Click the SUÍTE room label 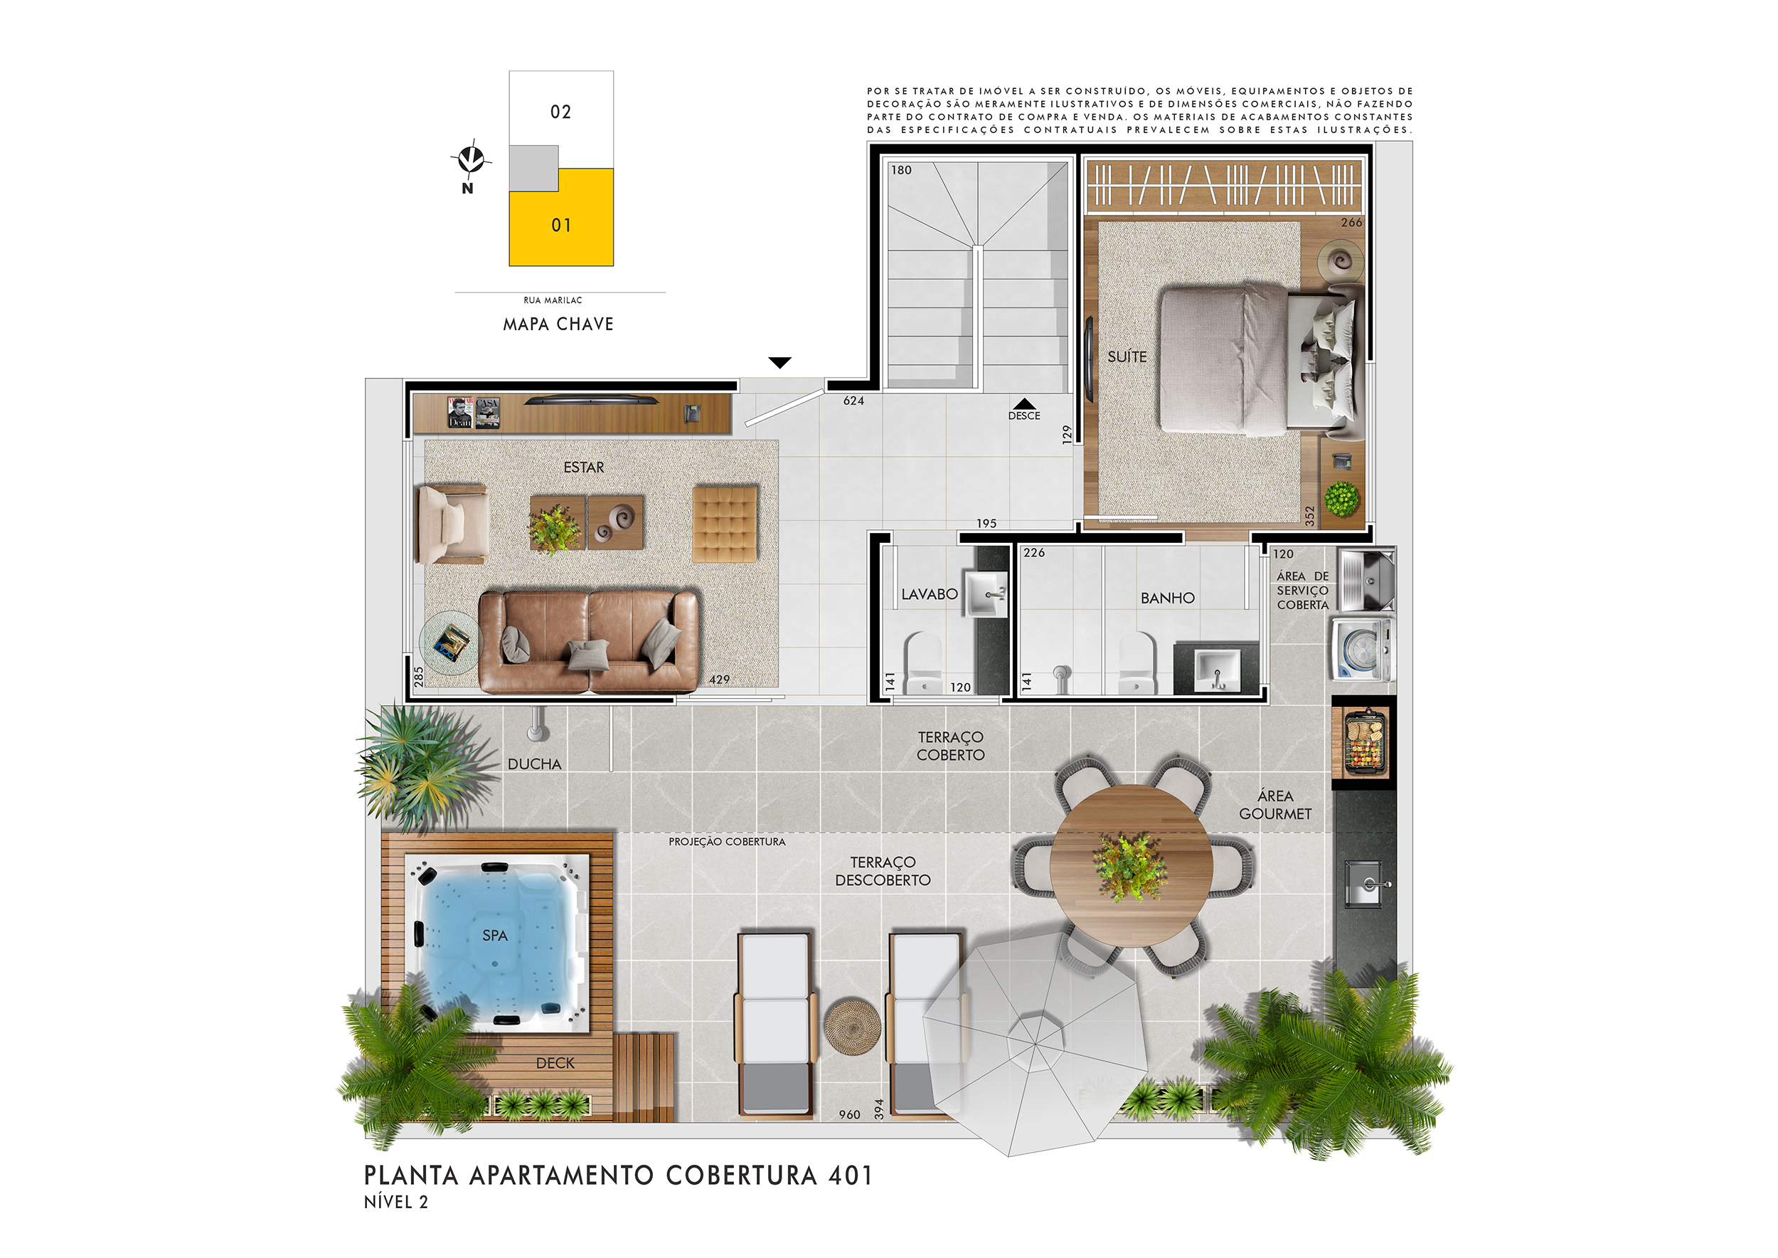click(x=1127, y=356)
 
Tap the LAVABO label click(x=930, y=594)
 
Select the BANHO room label click(x=1167, y=598)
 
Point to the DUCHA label click(x=534, y=763)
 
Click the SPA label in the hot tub click(x=495, y=936)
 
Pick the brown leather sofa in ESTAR click(x=589, y=641)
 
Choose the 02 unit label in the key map click(x=560, y=112)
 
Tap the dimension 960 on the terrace click(x=849, y=1115)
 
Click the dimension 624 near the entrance click(x=853, y=401)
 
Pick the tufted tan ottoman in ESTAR click(x=725, y=524)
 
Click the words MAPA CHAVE click(x=558, y=324)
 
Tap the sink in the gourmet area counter click(x=1366, y=883)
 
